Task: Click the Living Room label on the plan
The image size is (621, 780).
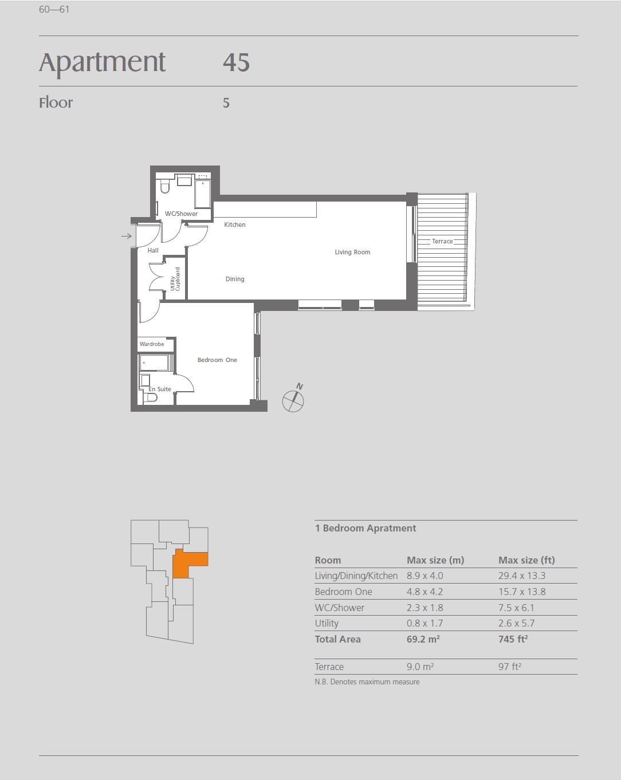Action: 352,252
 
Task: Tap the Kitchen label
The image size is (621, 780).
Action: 234,224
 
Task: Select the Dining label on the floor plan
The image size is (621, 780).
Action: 235,279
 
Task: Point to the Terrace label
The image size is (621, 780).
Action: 442,241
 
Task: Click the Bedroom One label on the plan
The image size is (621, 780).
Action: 217,360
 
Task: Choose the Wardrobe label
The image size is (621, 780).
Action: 152,344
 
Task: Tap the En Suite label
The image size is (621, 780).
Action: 159,389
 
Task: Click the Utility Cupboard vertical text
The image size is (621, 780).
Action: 175,279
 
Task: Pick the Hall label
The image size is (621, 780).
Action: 153,250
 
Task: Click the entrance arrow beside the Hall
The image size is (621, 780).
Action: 126,237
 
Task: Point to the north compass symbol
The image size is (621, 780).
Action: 293,399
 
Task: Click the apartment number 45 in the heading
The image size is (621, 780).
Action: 237,62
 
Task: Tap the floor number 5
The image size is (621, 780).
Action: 226,103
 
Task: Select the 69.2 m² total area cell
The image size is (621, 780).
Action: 423,639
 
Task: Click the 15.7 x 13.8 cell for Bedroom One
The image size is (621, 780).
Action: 522,592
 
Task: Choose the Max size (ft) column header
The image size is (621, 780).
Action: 526,560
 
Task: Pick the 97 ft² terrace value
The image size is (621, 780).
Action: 510,667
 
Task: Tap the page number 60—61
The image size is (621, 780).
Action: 54,9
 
